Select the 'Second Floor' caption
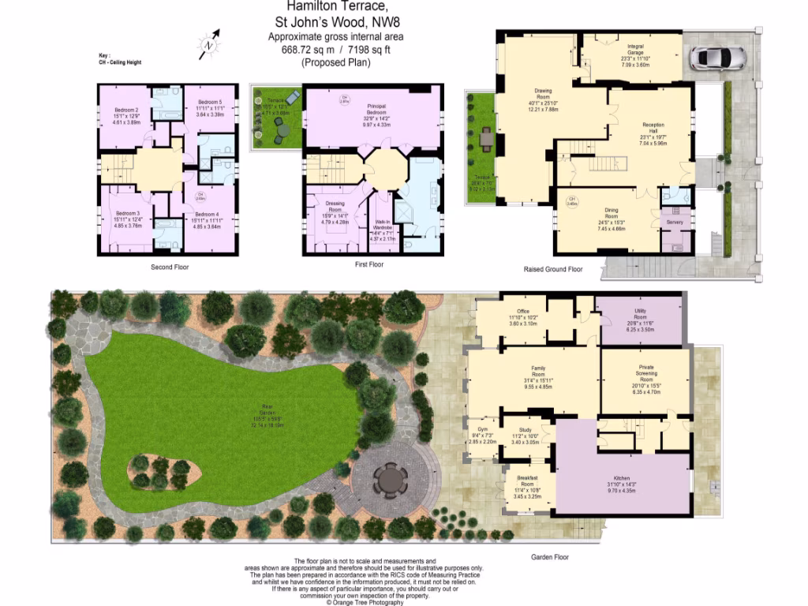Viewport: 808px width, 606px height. (170, 267)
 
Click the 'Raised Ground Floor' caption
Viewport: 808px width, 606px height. (553, 269)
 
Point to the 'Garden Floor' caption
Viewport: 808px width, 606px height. (550, 557)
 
